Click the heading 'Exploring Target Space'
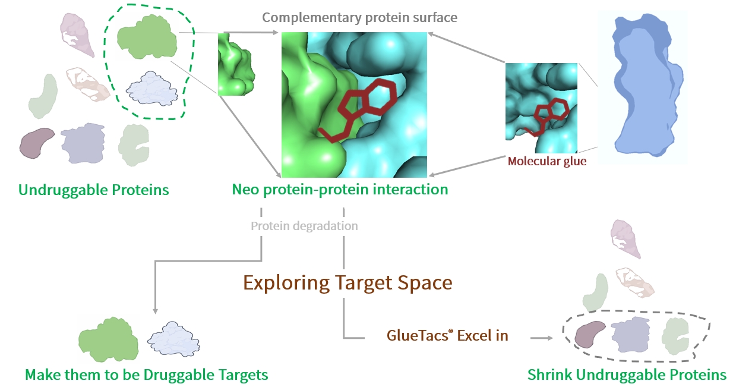coord(348,283)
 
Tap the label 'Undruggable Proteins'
coord(94,190)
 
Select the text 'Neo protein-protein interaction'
coord(340,190)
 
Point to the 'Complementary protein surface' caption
coord(360,17)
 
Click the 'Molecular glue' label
coord(547,161)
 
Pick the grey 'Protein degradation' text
coord(304,226)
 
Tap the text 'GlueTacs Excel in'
coord(447,335)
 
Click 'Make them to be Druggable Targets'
coord(146,375)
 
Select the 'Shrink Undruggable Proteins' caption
coord(627,375)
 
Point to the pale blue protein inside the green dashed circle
coord(153,88)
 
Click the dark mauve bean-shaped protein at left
coord(37,143)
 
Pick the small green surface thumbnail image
coord(235,64)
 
